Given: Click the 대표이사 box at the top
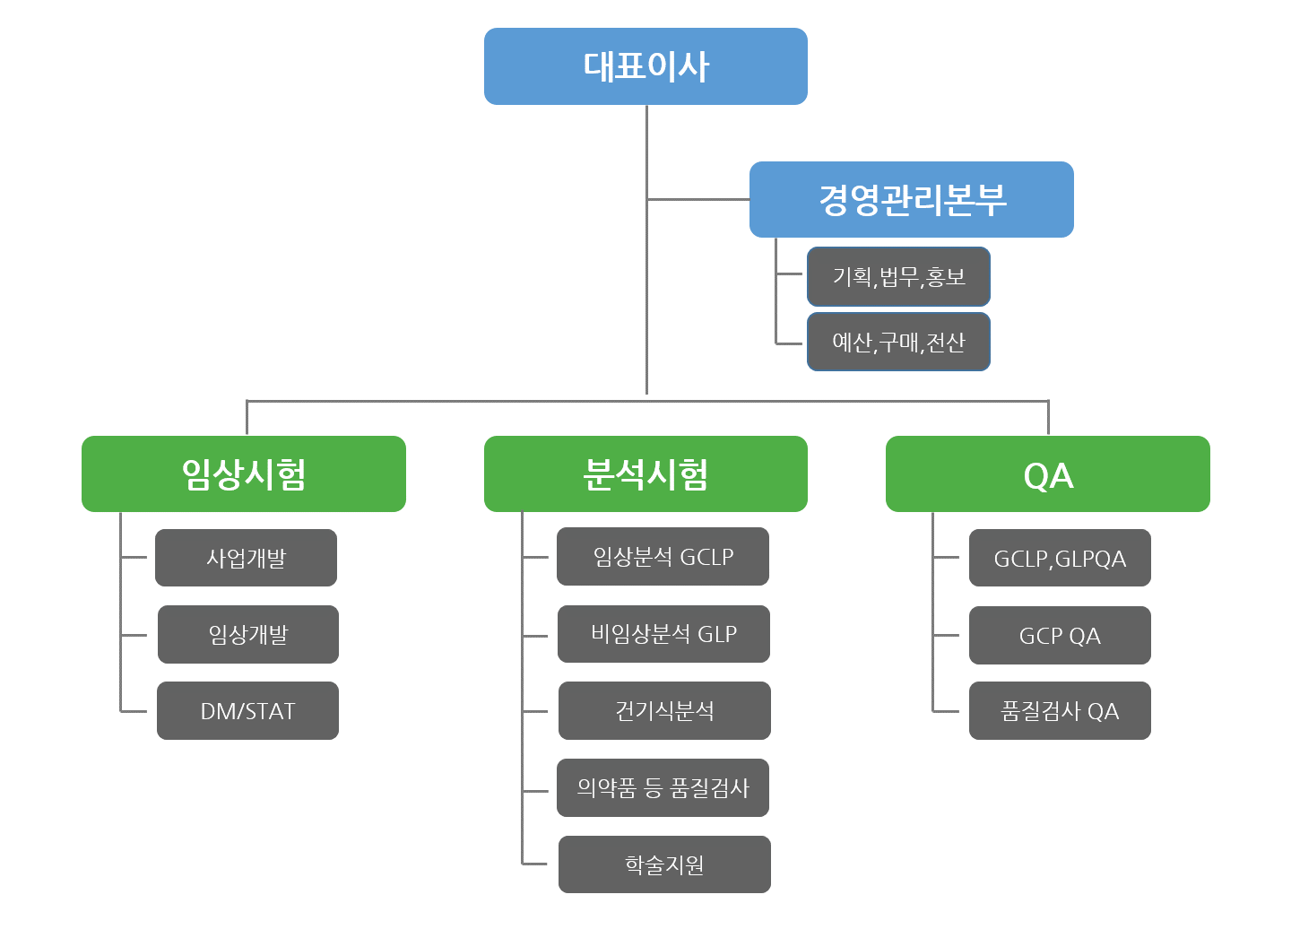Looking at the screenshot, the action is tap(645, 66).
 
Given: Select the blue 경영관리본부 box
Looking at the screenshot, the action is tap(911, 199).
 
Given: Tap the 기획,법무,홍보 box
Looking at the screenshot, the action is tap(898, 277).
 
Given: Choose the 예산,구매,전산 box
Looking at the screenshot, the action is tap(898, 342).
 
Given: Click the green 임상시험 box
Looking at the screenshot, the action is tap(244, 473).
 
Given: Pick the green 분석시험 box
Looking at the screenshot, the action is tap(645, 473).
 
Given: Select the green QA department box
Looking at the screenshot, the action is tap(1048, 473).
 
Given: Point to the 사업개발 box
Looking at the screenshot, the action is tap(246, 558).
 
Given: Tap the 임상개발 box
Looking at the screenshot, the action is tap(248, 634).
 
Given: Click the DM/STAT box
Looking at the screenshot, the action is tap(247, 711).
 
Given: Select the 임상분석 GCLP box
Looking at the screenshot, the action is tap(663, 556).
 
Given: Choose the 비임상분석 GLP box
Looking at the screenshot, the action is tap(664, 634).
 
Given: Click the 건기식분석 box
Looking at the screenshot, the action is tap(664, 711).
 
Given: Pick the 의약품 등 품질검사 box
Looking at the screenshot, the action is tap(663, 787).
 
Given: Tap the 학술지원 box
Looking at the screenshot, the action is tap(664, 864).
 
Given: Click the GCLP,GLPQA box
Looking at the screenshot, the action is tap(1060, 558).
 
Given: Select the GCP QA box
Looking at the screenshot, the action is tap(1060, 635).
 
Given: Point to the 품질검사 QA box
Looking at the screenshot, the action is tap(1060, 711).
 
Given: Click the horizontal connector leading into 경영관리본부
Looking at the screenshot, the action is tap(697, 199).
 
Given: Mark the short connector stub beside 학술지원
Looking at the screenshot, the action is tap(534, 864).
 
